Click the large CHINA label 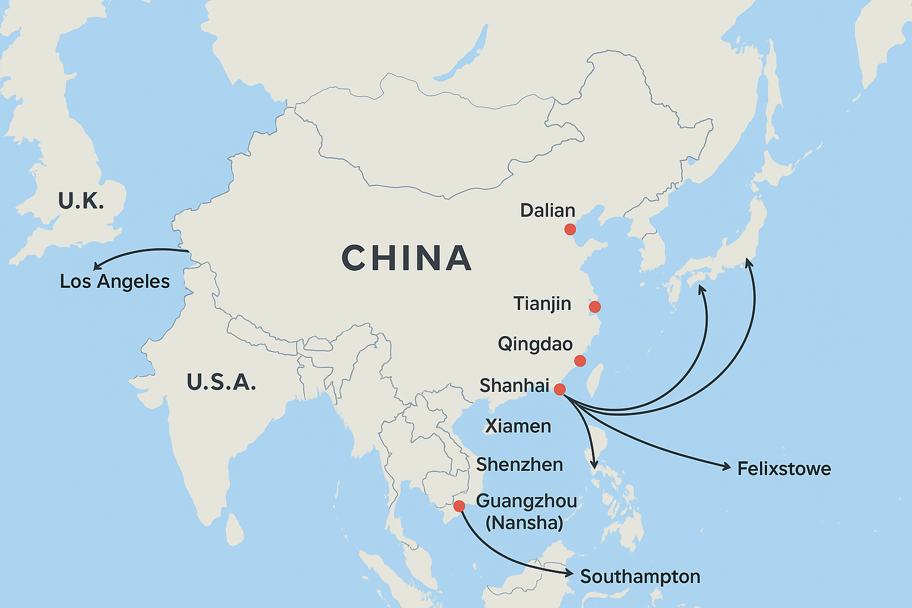click(407, 258)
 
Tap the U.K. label click(81, 201)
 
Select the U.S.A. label click(221, 382)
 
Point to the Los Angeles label click(115, 281)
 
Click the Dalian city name click(547, 211)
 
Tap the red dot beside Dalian click(570, 229)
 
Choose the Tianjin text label click(542, 304)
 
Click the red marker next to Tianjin click(594, 307)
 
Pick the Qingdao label click(535, 344)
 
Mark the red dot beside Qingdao click(580, 361)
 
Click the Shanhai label click(514, 386)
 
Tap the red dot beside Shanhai click(559, 389)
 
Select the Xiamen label click(518, 426)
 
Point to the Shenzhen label click(520, 465)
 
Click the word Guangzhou click(526, 501)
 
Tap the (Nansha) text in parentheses click(524, 523)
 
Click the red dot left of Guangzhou click(459, 506)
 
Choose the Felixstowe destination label click(784, 469)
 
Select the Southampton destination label click(640, 577)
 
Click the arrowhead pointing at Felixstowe click(727, 467)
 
